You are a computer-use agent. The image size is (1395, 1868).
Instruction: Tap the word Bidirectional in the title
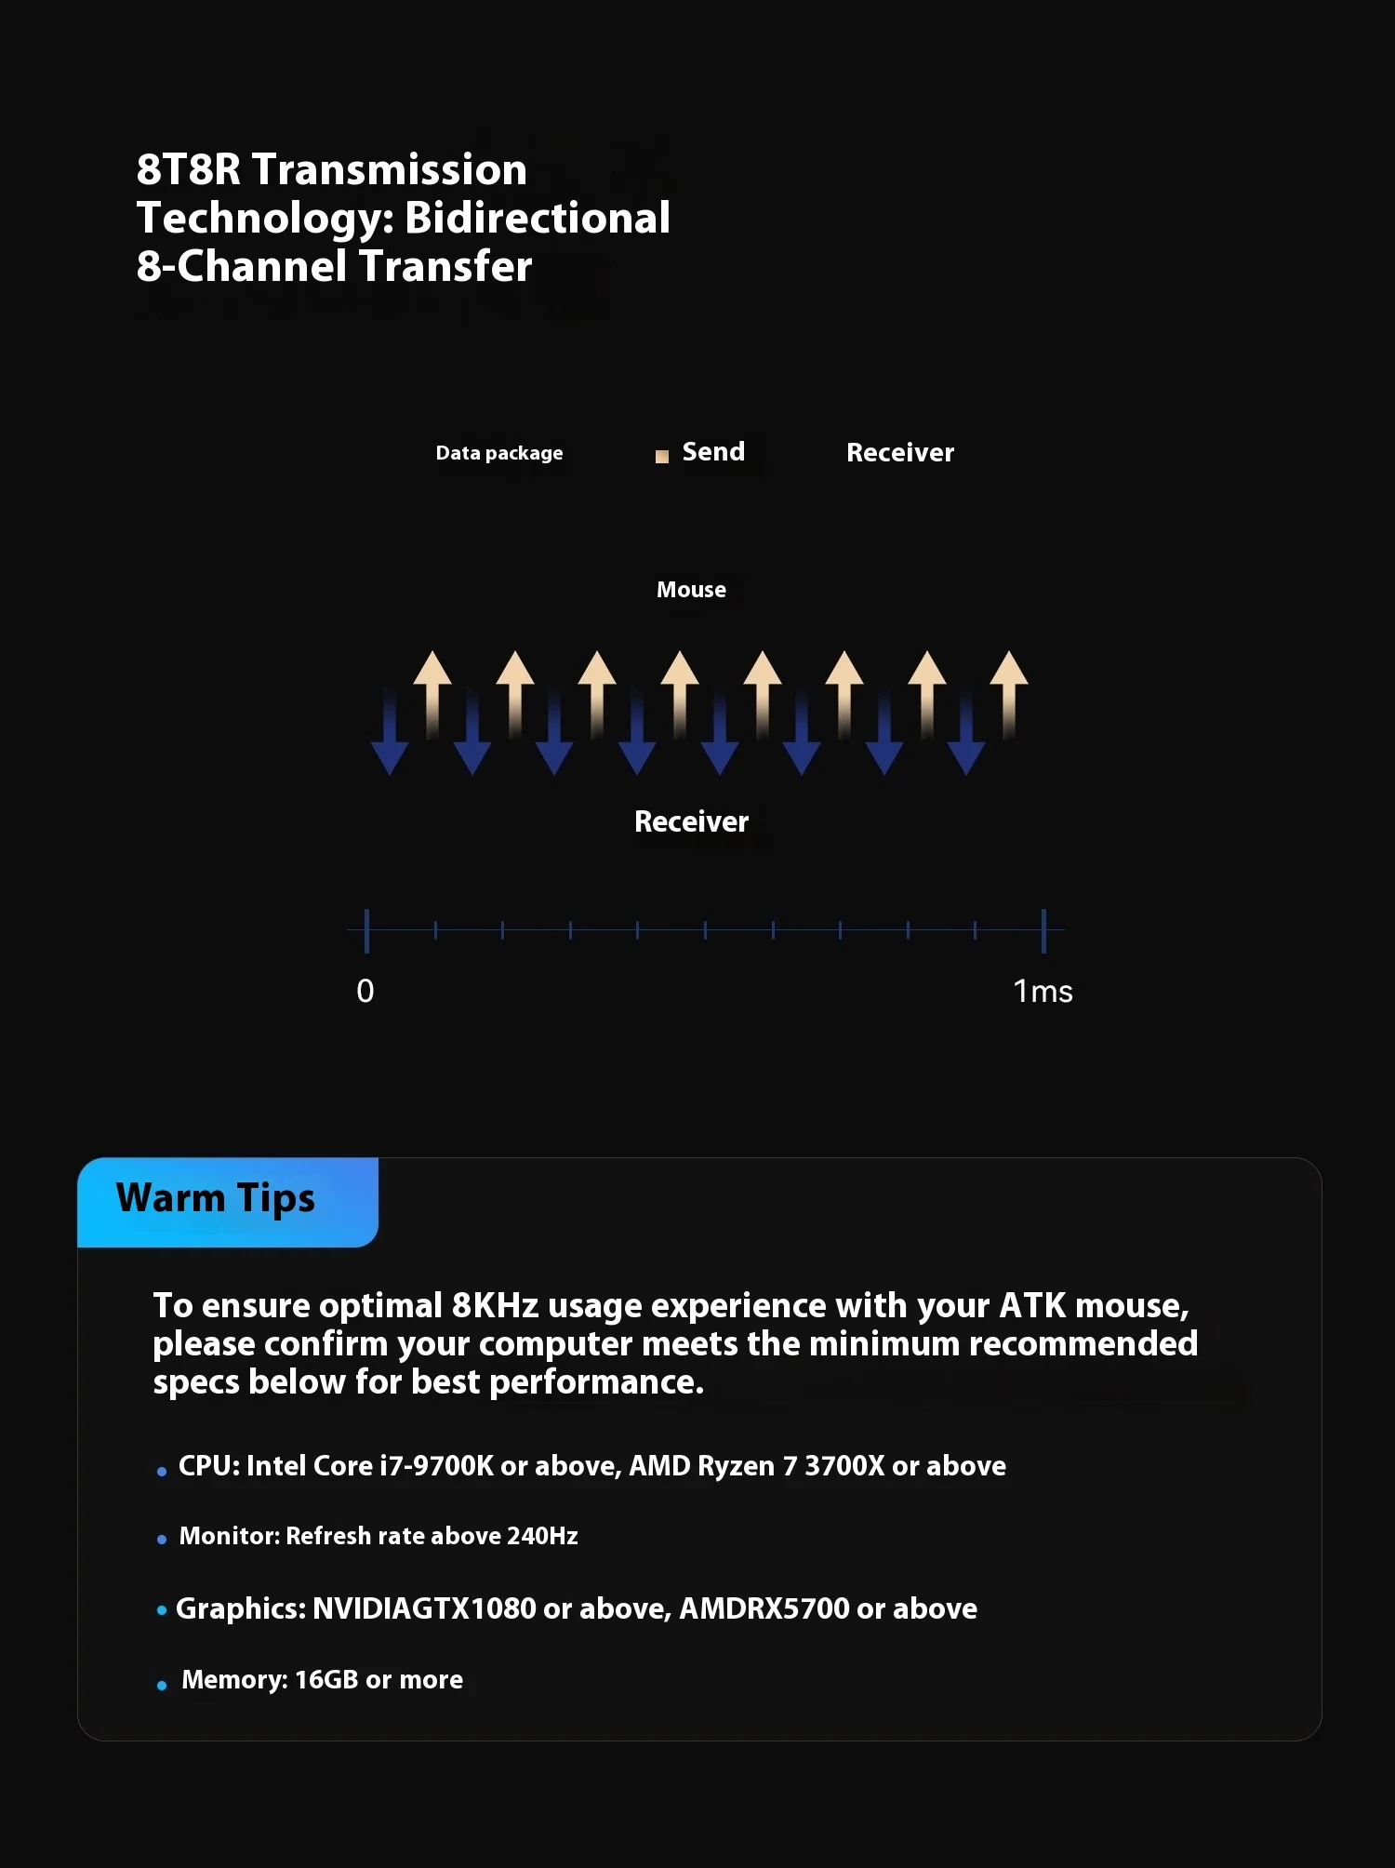pos(538,219)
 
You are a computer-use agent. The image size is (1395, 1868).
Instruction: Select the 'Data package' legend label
pos(499,453)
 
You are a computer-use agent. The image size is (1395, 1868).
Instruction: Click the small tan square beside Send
pos(662,457)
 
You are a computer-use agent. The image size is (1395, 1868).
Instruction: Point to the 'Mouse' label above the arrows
pos(691,590)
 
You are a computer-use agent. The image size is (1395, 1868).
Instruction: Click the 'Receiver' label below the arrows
pos(691,821)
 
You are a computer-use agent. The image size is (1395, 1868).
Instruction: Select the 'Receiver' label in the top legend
pos(899,453)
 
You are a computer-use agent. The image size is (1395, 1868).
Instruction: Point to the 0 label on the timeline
pos(365,992)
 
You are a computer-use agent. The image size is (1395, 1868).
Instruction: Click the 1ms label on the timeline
pos(1043,992)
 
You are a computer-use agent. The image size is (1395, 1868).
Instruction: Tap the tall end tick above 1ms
pos(1043,930)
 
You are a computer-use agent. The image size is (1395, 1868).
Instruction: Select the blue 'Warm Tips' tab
pos(228,1201)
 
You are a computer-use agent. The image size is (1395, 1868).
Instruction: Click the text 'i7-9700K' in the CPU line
pos(436,1466)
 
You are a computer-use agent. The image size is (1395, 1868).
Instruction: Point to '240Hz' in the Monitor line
pos(542,1536)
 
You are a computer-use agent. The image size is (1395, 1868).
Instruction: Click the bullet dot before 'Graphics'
pos(162,1610)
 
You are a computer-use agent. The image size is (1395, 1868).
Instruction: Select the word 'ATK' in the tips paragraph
pos(1032,1306)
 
